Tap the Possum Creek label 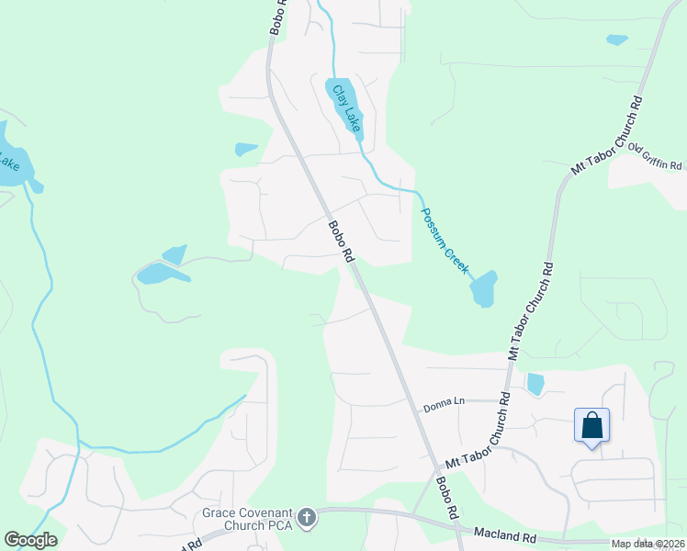445,242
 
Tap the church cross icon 307,518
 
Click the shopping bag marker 592,425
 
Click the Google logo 30,540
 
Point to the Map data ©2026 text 648,544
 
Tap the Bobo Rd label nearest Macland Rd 446,500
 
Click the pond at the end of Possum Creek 483,289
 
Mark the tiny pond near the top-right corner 617,39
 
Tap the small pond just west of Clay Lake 246,149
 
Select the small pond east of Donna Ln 535,384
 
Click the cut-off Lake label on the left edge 8,161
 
